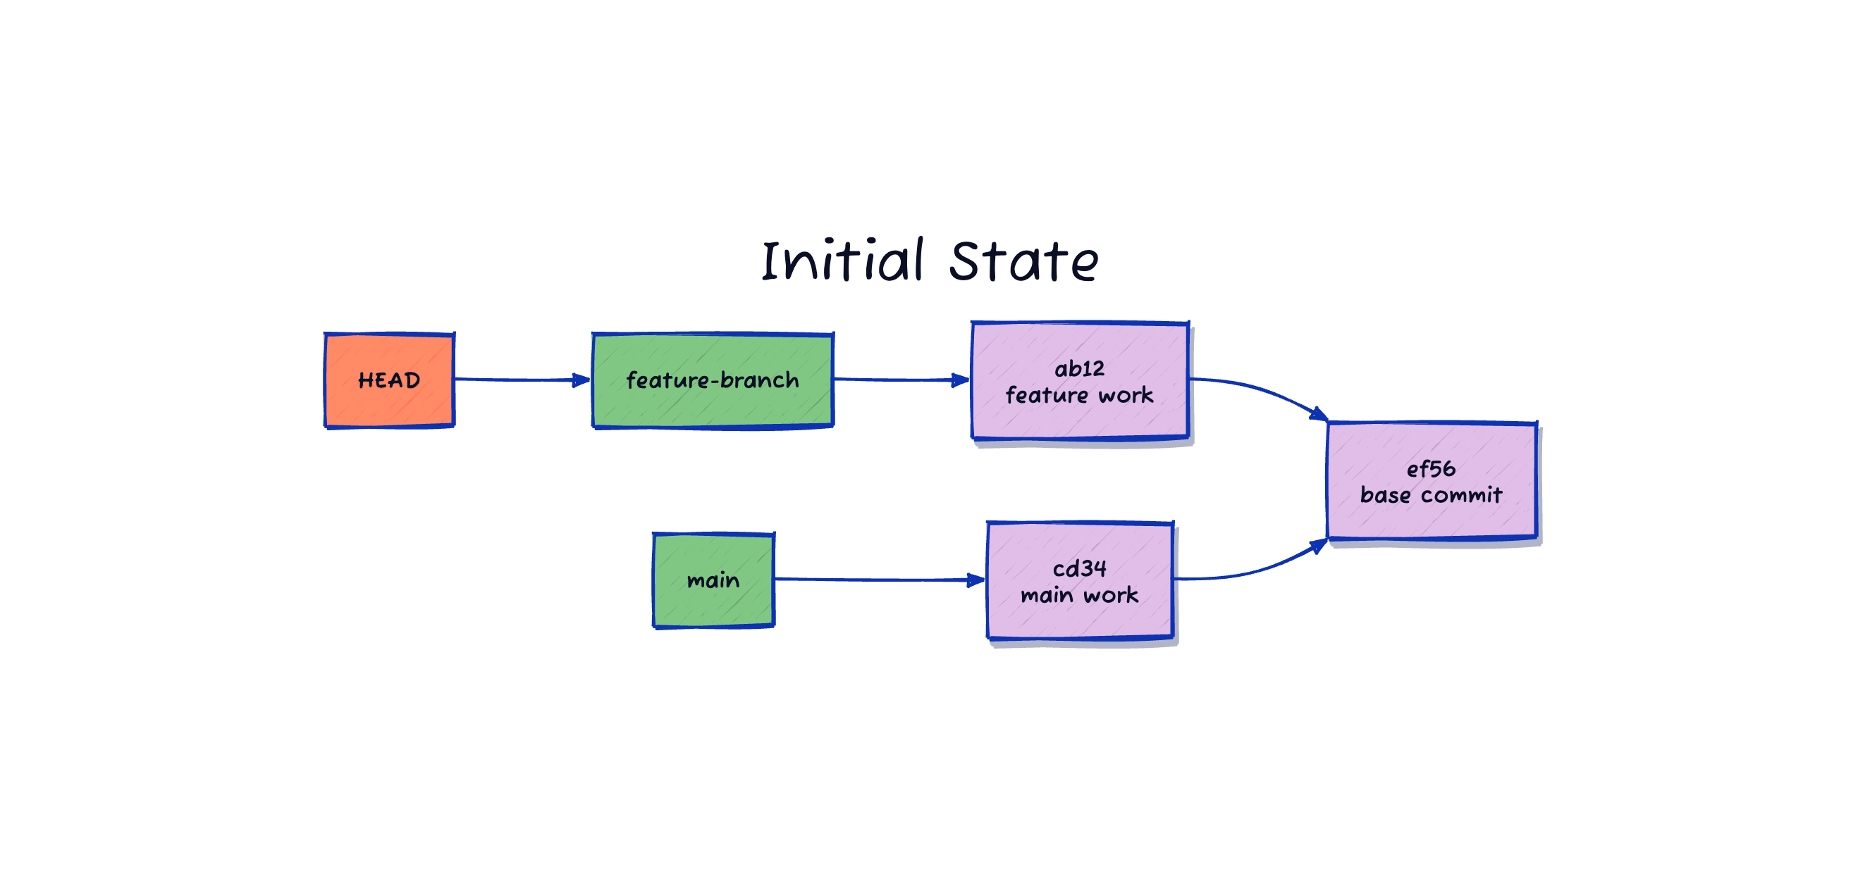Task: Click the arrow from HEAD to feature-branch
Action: [514, 379]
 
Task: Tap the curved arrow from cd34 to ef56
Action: [1260, 569]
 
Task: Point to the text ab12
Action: [1080, 369]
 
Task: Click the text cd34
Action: [1080, 569]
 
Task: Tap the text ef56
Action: [1431, 469]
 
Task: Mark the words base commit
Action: [1431, 495]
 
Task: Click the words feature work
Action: [1080, 395]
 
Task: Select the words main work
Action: [1080, 596]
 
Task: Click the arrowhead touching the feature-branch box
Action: [581, 380]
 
